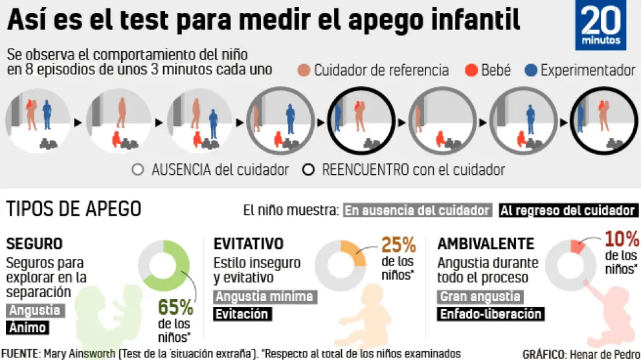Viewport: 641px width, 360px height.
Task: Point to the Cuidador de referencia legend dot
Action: click(x=303, y=70)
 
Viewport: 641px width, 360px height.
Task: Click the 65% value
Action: click(x=175, y=307)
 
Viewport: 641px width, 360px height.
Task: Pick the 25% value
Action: click(x=398, y=245)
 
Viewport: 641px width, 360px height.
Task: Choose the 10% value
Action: click(x=622, y=238)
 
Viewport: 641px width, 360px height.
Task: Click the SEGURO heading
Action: click(x=34, y=243)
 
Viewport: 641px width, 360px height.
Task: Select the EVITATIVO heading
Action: click(x=249, y=243)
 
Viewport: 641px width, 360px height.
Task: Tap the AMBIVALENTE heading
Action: click(x=486, y=243)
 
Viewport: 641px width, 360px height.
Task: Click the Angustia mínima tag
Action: click(x=264, y=297)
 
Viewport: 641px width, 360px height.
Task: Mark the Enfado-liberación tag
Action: click(x=489, y=314)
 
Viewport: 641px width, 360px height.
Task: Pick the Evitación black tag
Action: click(x=242, y=314)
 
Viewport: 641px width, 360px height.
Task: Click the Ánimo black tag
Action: click(x=27, y=328)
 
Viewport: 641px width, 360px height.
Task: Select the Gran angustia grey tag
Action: click(x=479, y=297)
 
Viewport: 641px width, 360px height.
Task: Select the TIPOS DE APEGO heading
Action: click(x=73, y=209)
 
